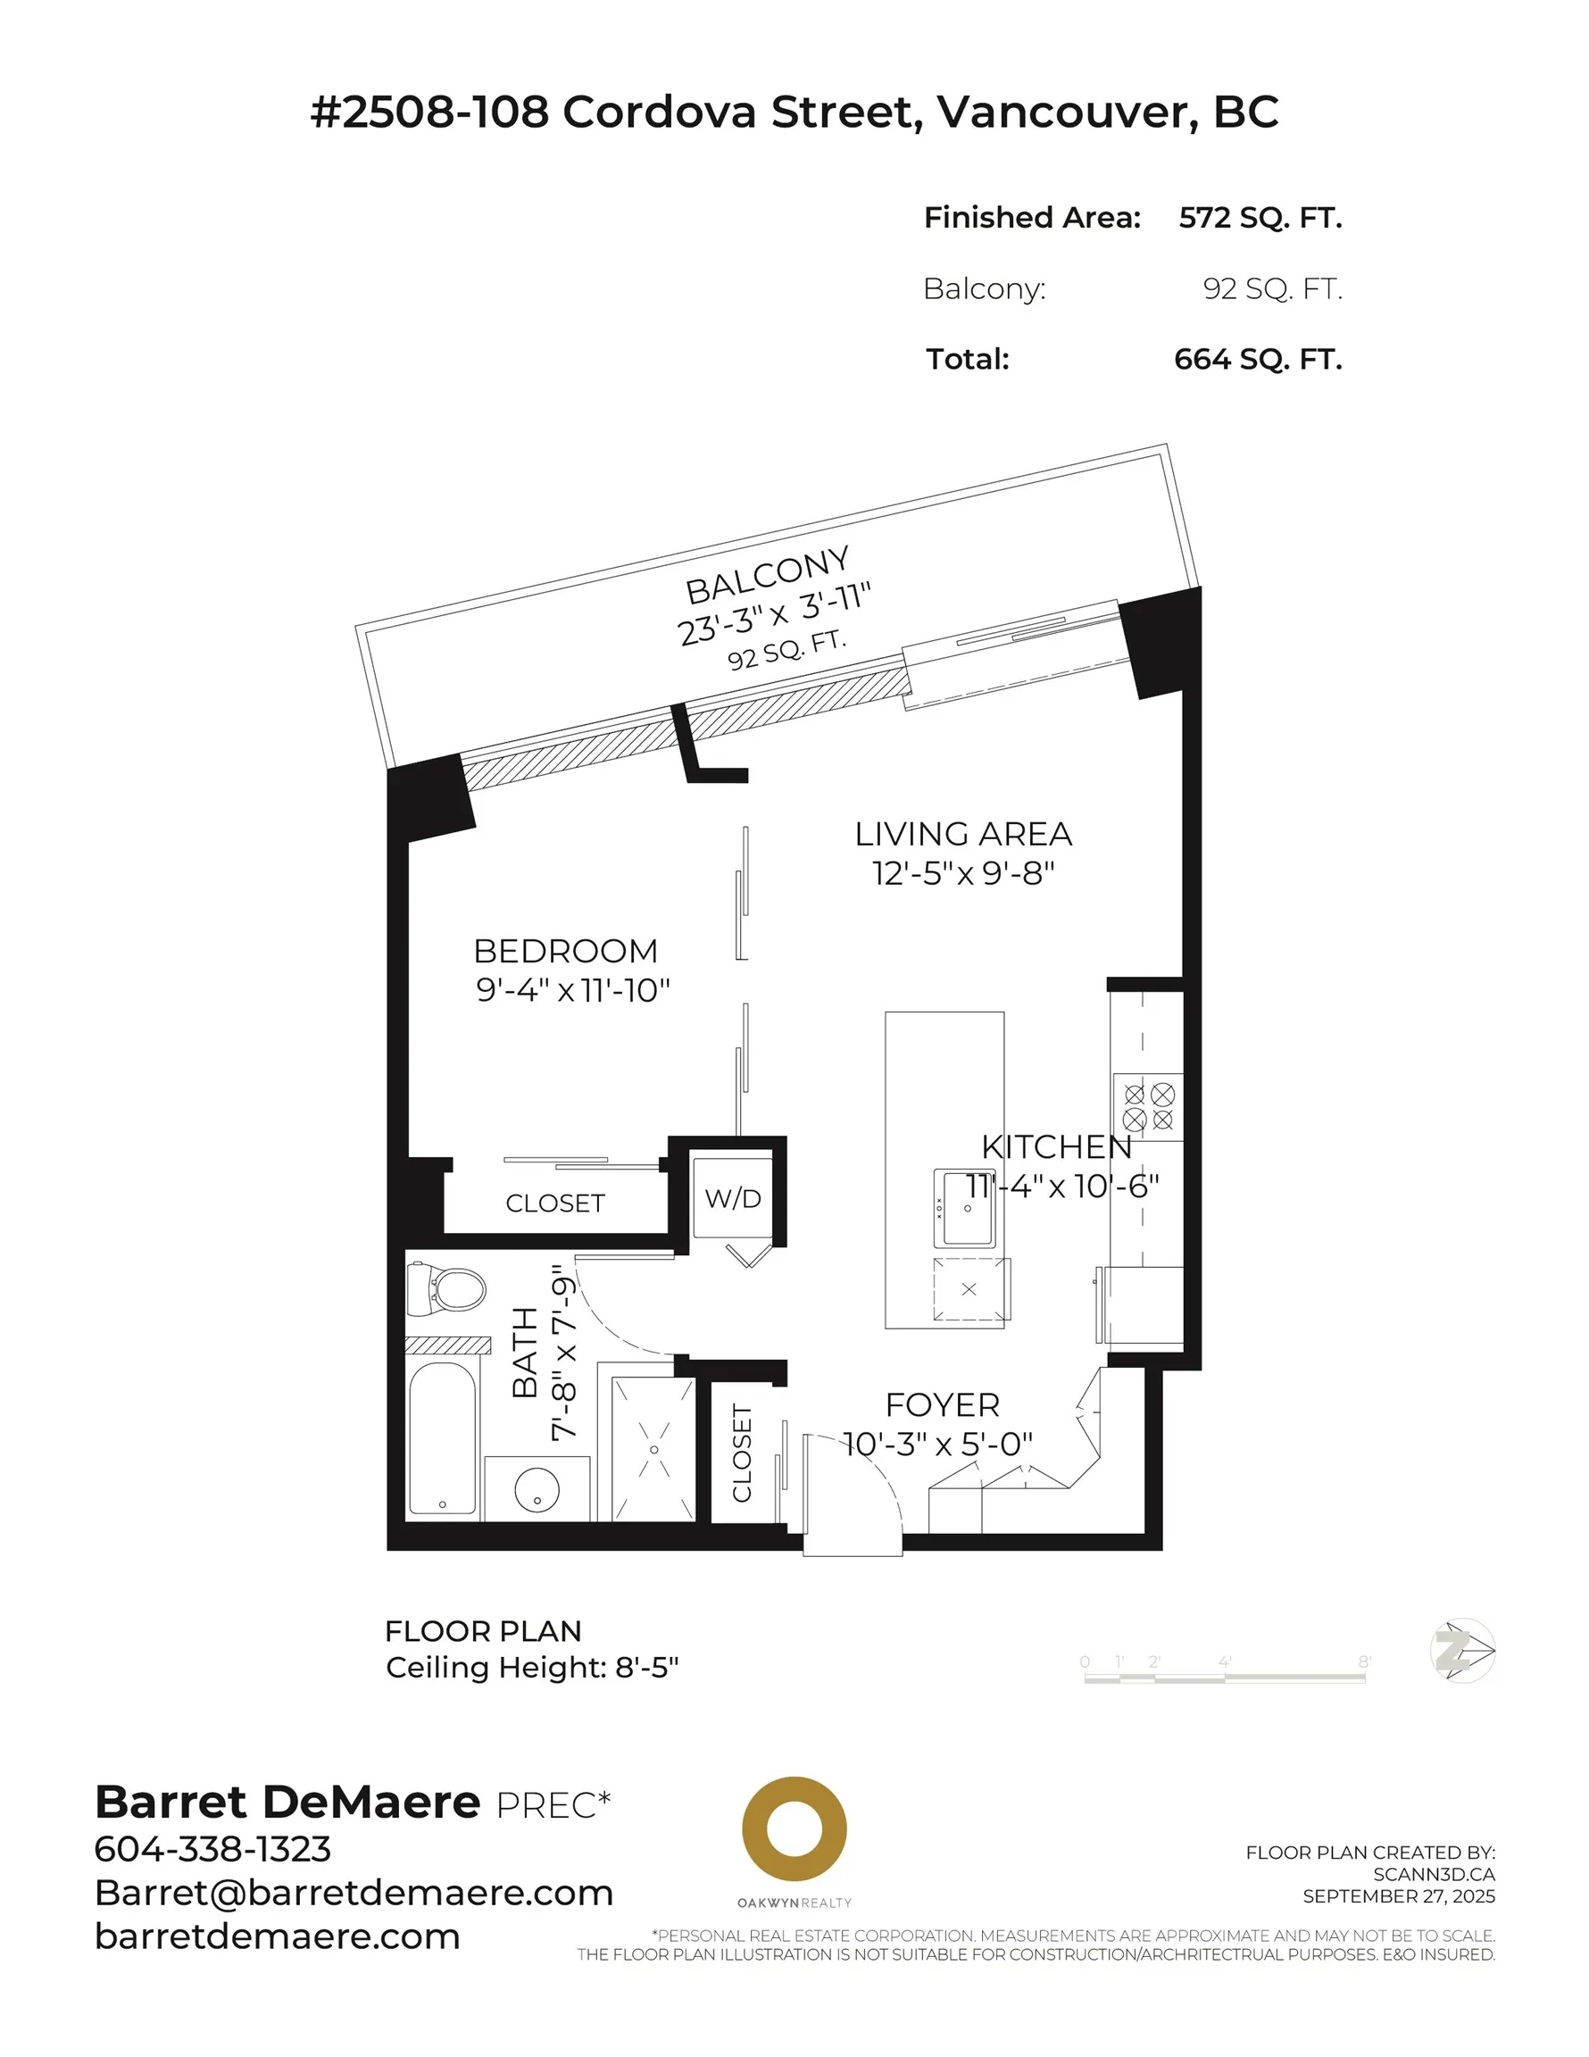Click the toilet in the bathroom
(450, 1289)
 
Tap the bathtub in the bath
(442, 1438)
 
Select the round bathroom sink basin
(537, 1490)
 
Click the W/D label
(733, 1199)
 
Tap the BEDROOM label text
(565, 951)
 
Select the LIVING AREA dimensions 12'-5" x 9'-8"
(962, 874)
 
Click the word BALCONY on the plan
(767, 576)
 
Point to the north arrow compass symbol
(1462, 1650)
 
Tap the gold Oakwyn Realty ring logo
(794, 1829)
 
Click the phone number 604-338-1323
(212, 1849)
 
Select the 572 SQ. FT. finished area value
(1260, 218)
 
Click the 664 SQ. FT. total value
(1258, 359)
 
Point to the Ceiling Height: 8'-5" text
(532, 1667)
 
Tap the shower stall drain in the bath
(653, 1450)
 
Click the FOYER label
(942, 1404)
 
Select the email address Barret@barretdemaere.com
(354, 1892)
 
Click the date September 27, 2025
(1398, 1896)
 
